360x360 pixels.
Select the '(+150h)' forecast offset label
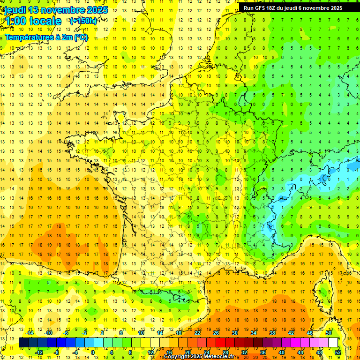[83, 21]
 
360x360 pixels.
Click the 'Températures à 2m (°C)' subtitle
[46, 37]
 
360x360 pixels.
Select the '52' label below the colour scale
[338, 352]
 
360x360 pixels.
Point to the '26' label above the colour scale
[216, 333]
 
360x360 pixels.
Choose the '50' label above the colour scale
[328, 333]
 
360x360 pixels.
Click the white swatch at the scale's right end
[333, 343]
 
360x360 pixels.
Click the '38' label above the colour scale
[272, 333]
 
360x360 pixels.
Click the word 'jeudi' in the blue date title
[15, 10]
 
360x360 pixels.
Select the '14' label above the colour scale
[159, 333]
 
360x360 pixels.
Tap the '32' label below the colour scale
[244, 352]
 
